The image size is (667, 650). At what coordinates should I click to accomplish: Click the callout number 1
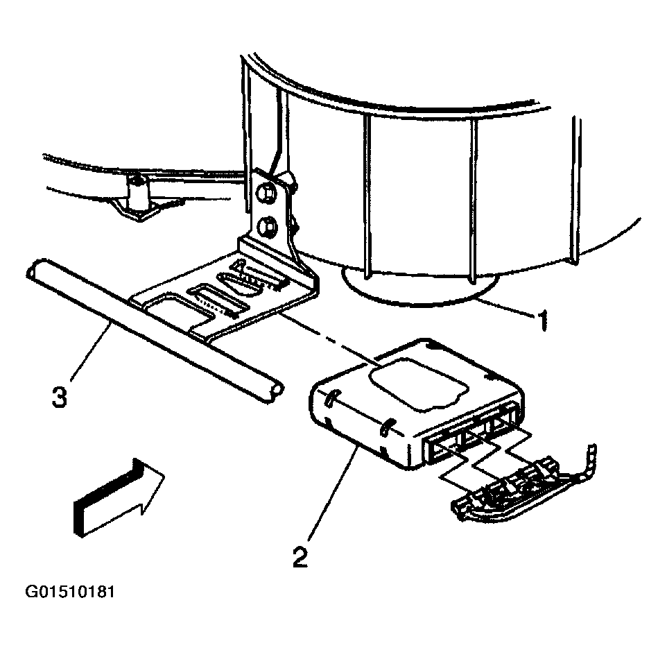tap(542, 320)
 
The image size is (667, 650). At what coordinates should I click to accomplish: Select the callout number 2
tap(300, 557)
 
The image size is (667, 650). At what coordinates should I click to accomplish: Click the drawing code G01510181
tap(69, 593)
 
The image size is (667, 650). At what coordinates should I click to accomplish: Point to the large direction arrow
tap(118, 498)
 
